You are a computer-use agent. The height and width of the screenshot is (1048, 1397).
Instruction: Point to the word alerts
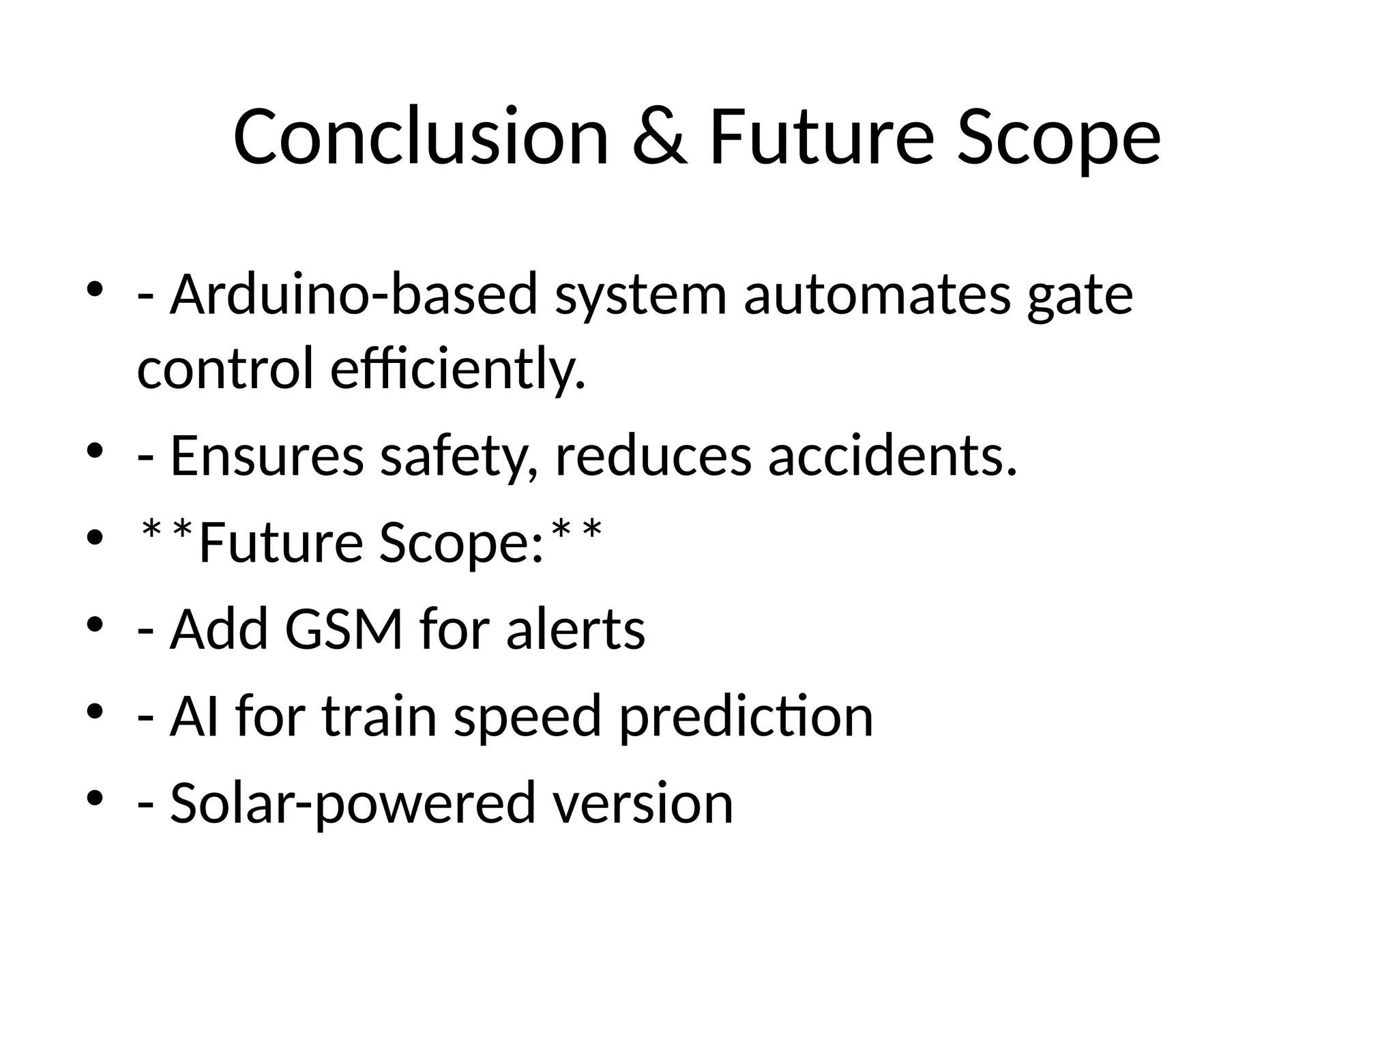tap(575, 628)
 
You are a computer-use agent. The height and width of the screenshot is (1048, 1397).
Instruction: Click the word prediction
tap(746, 718)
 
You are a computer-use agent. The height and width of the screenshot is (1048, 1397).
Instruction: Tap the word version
tap(643, 803)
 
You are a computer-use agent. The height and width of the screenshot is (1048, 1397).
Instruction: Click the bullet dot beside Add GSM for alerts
tap(95, 624)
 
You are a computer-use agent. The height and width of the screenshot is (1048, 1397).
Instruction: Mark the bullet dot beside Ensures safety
tap(95, 451)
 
